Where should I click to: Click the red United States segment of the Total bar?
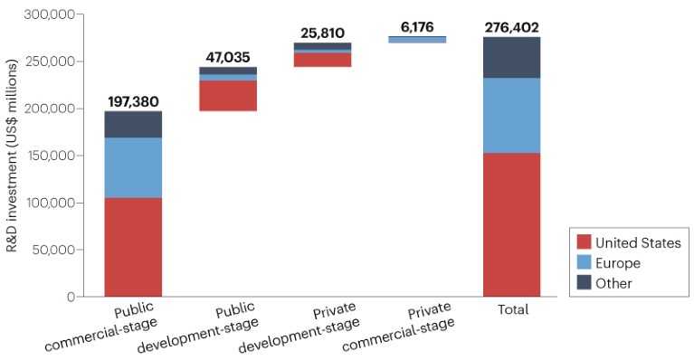pyautogui.click(x=511, y=224)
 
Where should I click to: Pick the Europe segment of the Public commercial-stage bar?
pyautogui.click(x=133, y=167)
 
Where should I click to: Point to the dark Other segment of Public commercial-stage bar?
pyautogui.click(x=133, y=125)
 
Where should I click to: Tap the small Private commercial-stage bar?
pyautogui.click(x=417, y=40)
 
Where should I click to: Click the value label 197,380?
pyautogui.click(x=133, y=101)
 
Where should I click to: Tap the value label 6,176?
pyautogui.click(x=417, y=27)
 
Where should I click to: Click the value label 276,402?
pyautogui.click(x=511, y=27)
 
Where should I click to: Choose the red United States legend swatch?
pyautogui.click(x=584, y=242)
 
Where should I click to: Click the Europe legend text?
pyautogui.click(x=618, y=263)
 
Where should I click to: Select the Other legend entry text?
pyautogui.click(x=614, y=283)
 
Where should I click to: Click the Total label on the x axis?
pyautogui.click(x=513, y=309)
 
